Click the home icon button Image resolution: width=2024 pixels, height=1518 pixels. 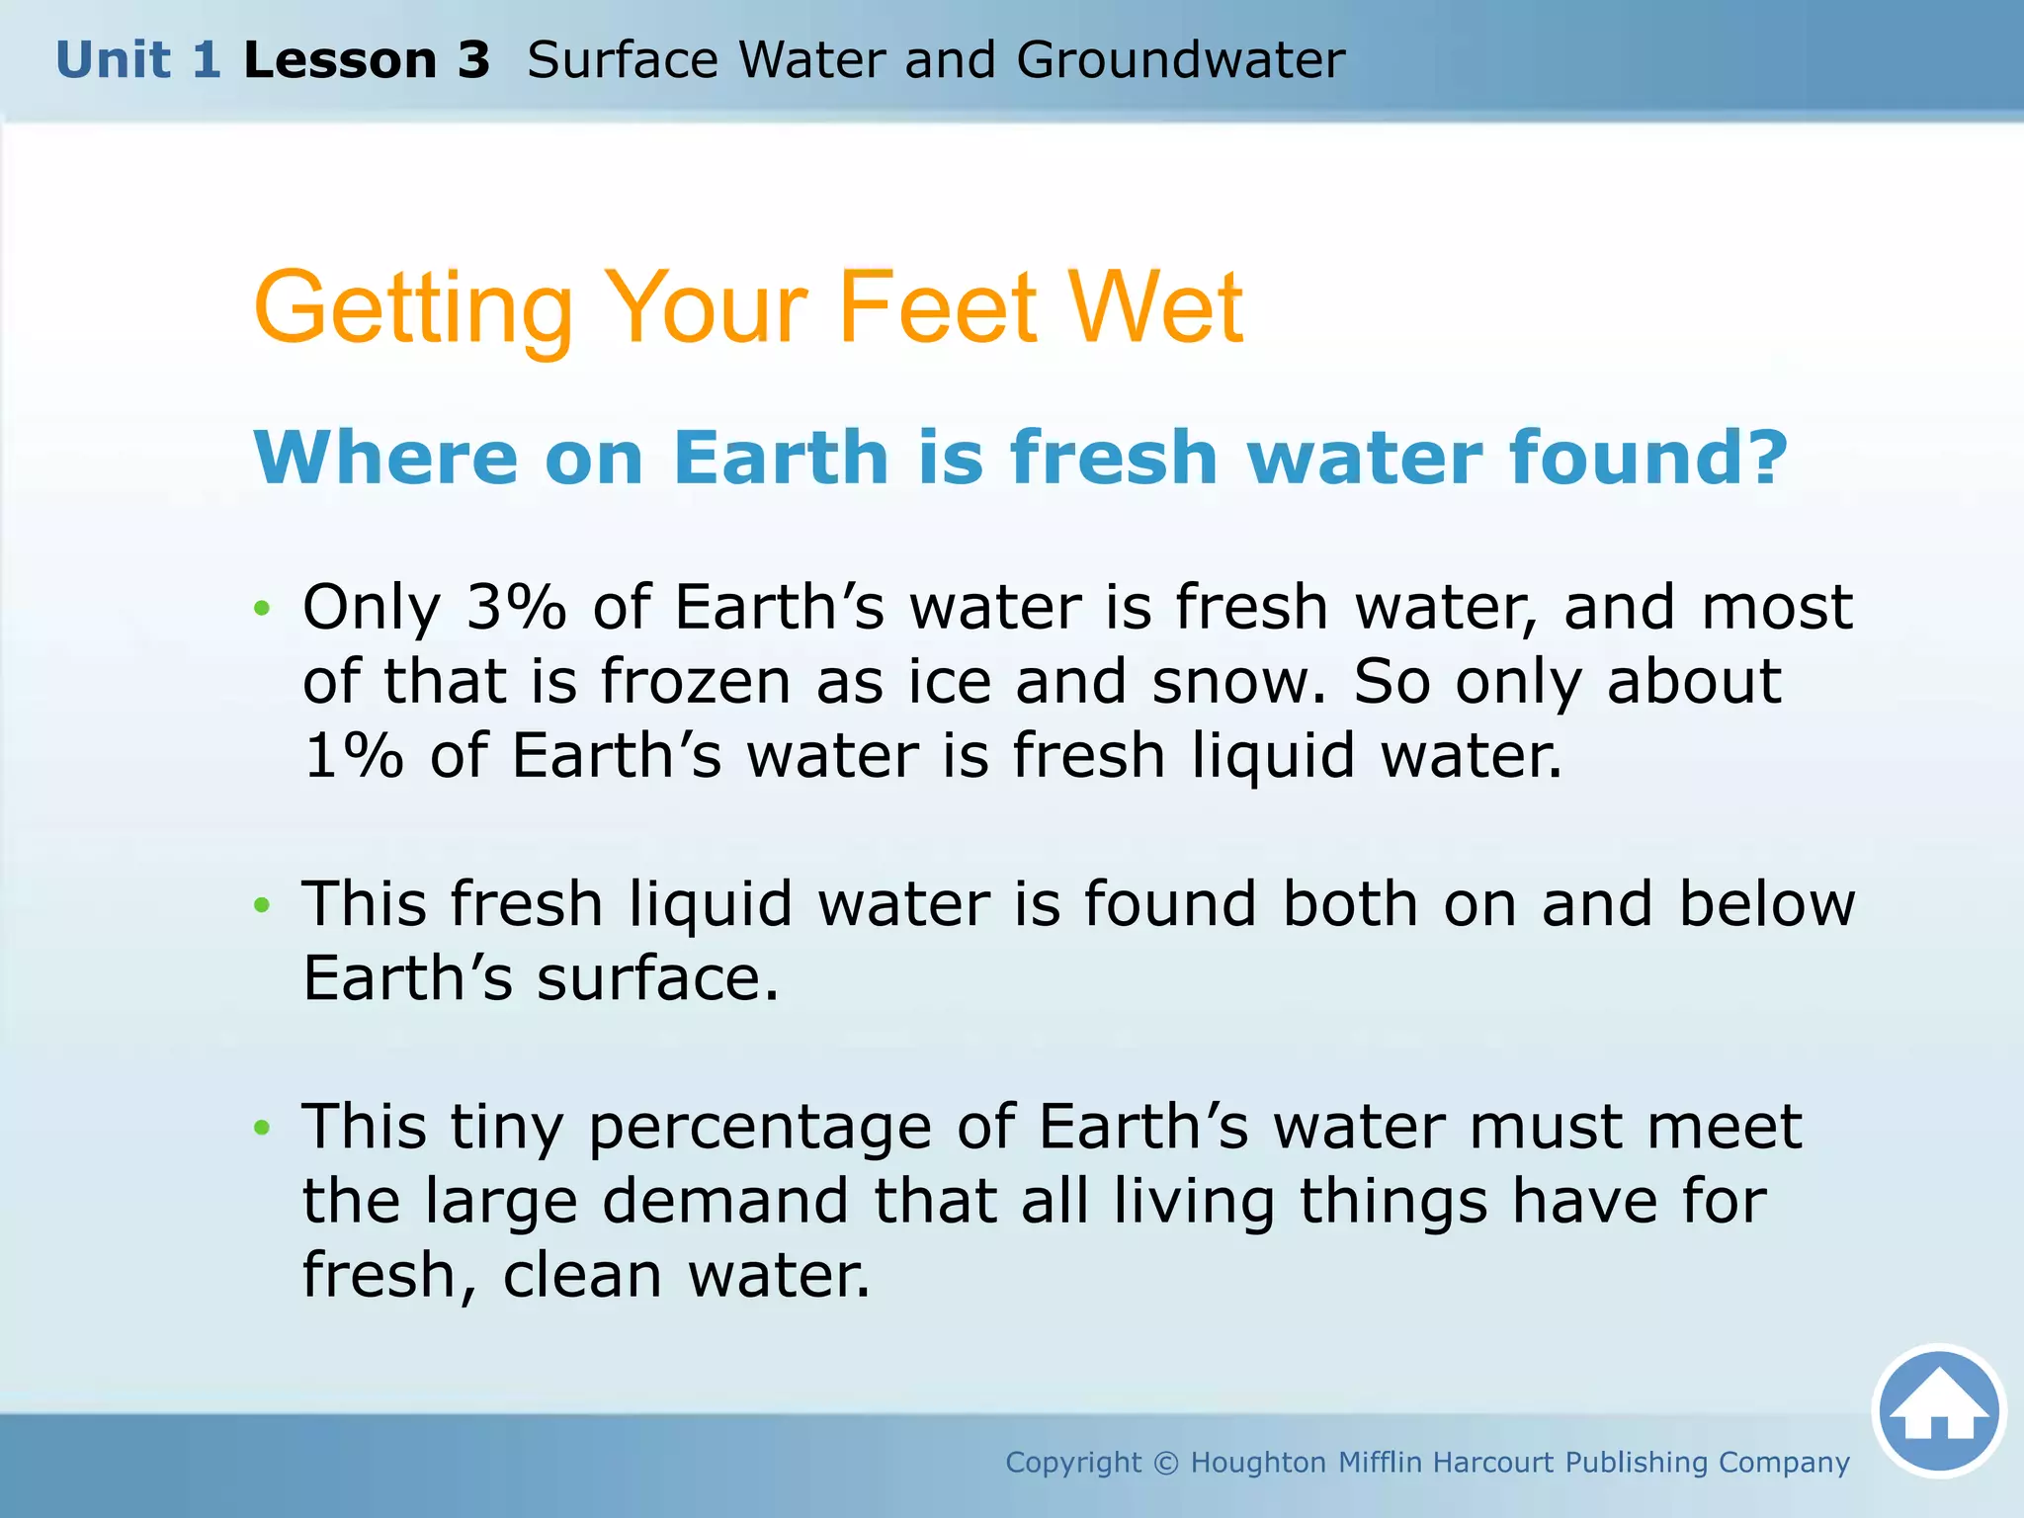(x=1938, y=1410)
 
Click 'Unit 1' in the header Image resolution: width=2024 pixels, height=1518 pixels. (x=137, y=60)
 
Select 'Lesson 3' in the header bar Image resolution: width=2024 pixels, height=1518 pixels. (x=367, y=60)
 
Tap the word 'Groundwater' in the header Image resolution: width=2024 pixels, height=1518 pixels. (x=1180, y=60)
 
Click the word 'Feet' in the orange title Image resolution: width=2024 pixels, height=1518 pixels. (x=938, y=308)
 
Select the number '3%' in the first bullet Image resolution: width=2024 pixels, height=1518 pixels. (x=516, y=607)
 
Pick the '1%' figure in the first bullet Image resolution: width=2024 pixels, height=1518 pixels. (x=353, y=756)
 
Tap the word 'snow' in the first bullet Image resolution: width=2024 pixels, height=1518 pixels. (x=1237, y=682)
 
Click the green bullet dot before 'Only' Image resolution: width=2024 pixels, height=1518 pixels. (x=261, y=608)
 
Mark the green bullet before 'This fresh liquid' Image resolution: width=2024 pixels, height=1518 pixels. (x=261, y=905)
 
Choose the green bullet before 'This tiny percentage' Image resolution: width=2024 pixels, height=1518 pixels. (x=261, y=1128)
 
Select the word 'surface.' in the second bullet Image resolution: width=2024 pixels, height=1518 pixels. (x=657, y=978)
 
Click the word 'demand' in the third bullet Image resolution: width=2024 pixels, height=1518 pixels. (x=725, y=1201)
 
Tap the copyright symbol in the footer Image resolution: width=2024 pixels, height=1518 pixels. (x=1166, y=1463)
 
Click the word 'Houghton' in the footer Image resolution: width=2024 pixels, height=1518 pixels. (x=1257, y=1463)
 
